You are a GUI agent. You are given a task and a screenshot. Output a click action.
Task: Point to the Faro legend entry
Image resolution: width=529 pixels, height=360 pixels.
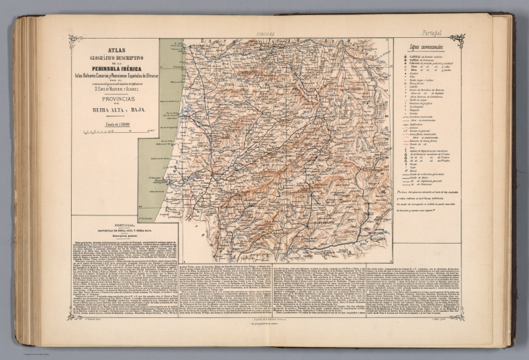point(413,165)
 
